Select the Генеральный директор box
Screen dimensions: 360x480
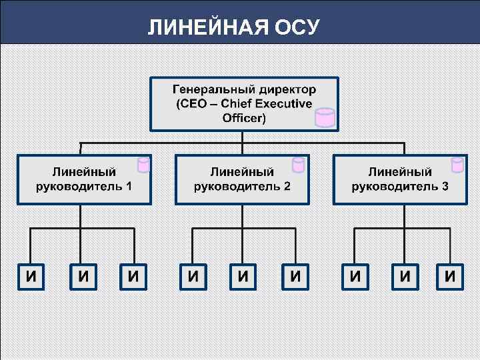(x=244, y=103)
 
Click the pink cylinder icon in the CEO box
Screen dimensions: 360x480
(x=325, y=117)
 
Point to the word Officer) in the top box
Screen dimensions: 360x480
(x=244, y=119)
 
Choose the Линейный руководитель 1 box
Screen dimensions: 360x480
(x=84, y=179)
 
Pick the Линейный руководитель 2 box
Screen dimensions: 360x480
(x=242, y=179)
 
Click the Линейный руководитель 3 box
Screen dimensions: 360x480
(x=400, y=179)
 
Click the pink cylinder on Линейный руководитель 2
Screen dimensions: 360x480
(x=299, y=165)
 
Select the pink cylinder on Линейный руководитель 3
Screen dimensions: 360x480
(x=457, y=165)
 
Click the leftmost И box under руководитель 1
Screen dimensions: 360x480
(x=31, y=277)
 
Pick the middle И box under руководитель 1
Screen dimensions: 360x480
(x=83, y=277)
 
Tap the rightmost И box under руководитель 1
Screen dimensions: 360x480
(x=134, y=277)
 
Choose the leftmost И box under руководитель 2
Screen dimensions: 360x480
(x=193, y=277)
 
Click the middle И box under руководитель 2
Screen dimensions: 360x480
(x=244, y=277)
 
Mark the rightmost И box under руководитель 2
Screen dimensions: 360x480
(x=295, y=277)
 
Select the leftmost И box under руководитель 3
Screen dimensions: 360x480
(x=354, y=277)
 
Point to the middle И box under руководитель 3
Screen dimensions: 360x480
(x=405, y=277)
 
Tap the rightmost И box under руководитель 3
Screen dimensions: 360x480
(x=451, y=277)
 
